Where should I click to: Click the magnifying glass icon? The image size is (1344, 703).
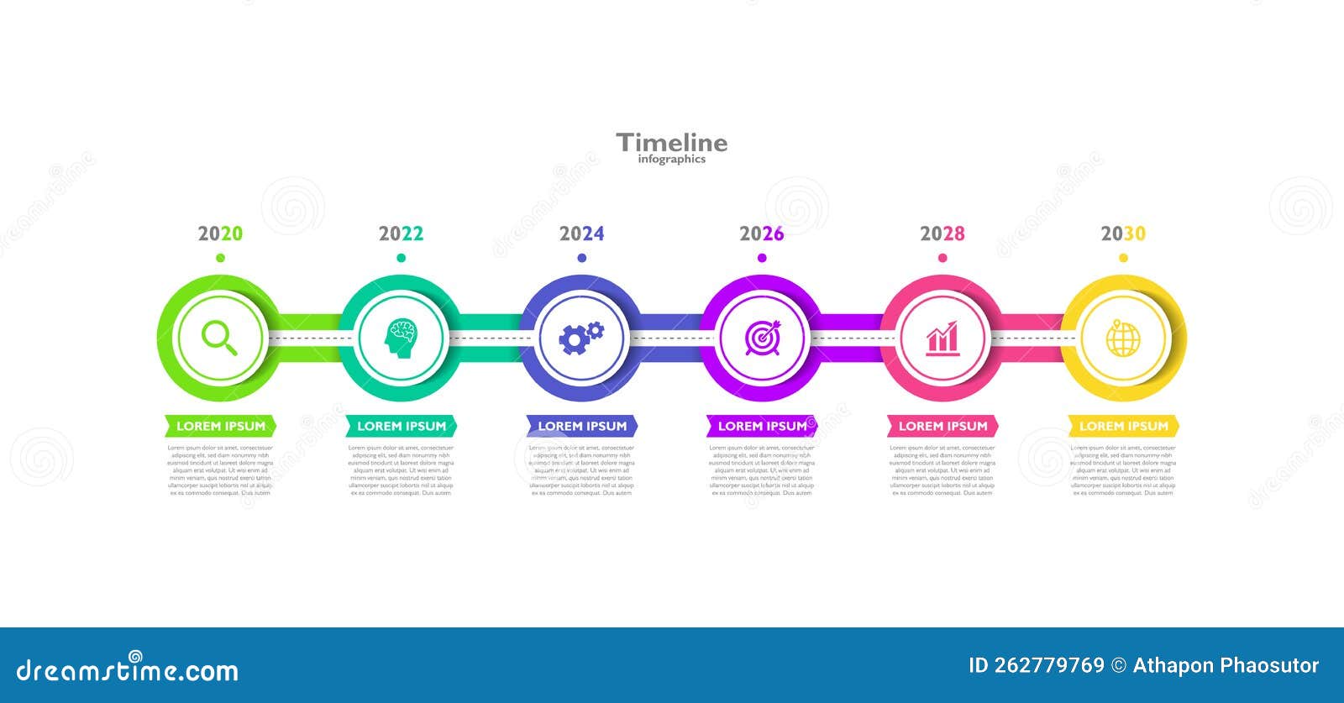219,338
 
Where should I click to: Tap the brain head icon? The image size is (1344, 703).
401,338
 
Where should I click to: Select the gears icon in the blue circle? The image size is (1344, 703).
581,338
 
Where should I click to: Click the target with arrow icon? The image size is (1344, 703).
762,338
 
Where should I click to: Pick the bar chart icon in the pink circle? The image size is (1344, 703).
942,338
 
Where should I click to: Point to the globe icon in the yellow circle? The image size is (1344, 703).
1123,338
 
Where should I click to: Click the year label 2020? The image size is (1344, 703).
220,233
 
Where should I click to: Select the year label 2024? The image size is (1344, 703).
581,233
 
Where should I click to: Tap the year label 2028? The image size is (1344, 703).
942,233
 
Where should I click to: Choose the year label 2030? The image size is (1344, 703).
1123,233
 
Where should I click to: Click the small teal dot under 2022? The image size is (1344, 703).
401,258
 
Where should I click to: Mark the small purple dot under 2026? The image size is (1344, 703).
762,258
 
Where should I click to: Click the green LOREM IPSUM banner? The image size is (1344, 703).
220,426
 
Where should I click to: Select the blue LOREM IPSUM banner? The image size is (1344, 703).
581,426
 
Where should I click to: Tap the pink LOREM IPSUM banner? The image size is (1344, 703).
942,426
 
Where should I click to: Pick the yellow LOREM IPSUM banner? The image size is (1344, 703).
1123,426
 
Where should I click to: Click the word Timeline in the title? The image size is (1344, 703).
672,143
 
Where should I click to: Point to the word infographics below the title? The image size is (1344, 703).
672,160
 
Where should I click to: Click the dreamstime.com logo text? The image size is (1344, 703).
128,670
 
